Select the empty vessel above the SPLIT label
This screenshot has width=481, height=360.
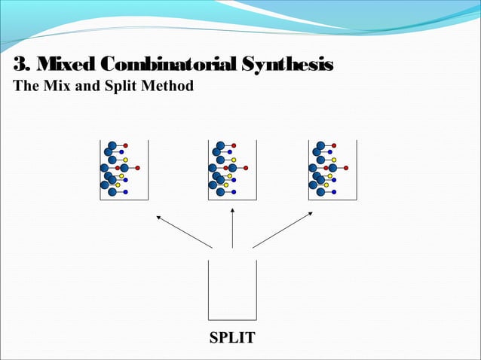tap(232, 290)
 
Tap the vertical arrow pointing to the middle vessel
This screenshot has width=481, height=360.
tap(232, 227)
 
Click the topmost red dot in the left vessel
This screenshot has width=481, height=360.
tap(125, 145)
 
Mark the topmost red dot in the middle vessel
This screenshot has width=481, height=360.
tap(234, 145)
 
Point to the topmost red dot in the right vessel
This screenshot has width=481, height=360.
tap(334, 145)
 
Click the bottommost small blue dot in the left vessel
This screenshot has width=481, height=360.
tap(125, 192)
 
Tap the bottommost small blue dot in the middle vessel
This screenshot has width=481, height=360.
tap(234, 192)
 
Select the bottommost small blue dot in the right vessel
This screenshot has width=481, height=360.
tap(334, 192)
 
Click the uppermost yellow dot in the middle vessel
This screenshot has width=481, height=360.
tap(234, 160)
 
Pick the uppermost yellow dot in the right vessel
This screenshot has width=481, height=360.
tap(334, 160)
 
